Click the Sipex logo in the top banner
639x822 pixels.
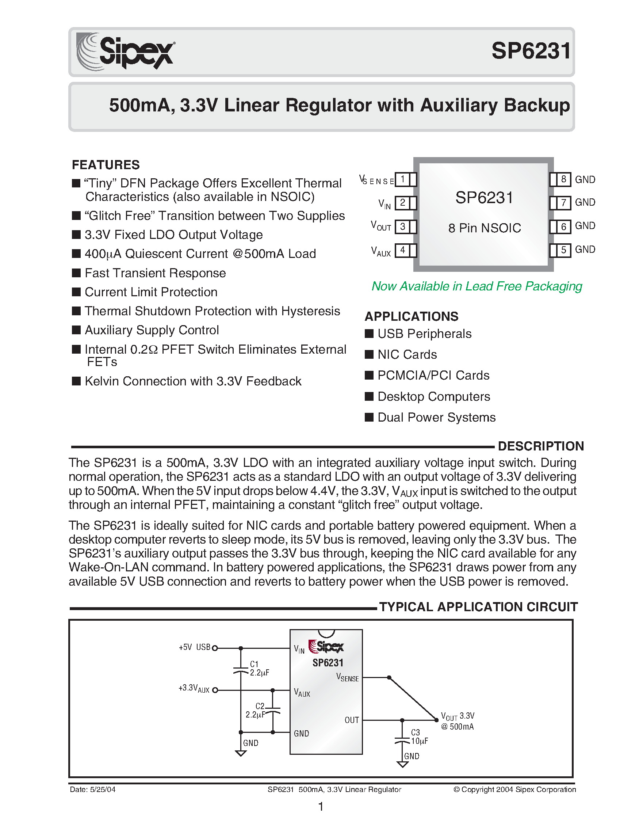(x=125, y=52)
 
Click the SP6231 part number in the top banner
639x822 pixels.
(x=531, y=51)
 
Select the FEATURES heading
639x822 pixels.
(x=106, y=165)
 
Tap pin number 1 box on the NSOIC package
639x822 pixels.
(x=402, y=179)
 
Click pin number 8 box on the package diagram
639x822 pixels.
(x=563, y=179)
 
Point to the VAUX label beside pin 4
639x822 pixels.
(x=380, y=251)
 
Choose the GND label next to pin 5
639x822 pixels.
(x=585, y=250)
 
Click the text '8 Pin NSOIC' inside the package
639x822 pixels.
(x=485, y=228)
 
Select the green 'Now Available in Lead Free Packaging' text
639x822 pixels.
(x=477, y=286)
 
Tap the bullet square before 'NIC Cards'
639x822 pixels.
(x=369, y=354)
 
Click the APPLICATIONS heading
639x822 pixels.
(x=412, y=316)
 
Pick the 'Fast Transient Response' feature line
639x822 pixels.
(x=155, y=273)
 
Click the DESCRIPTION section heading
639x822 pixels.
(x=540, y=446)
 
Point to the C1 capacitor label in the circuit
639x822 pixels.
(x=255, y=664)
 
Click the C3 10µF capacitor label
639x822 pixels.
(x=418, y=737)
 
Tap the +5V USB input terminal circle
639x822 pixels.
(x=215, y=648)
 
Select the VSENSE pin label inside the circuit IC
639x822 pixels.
(x=347, y=677)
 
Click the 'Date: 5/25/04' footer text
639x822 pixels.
(x=92, y=789)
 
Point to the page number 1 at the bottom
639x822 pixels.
(x=321, y=807)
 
